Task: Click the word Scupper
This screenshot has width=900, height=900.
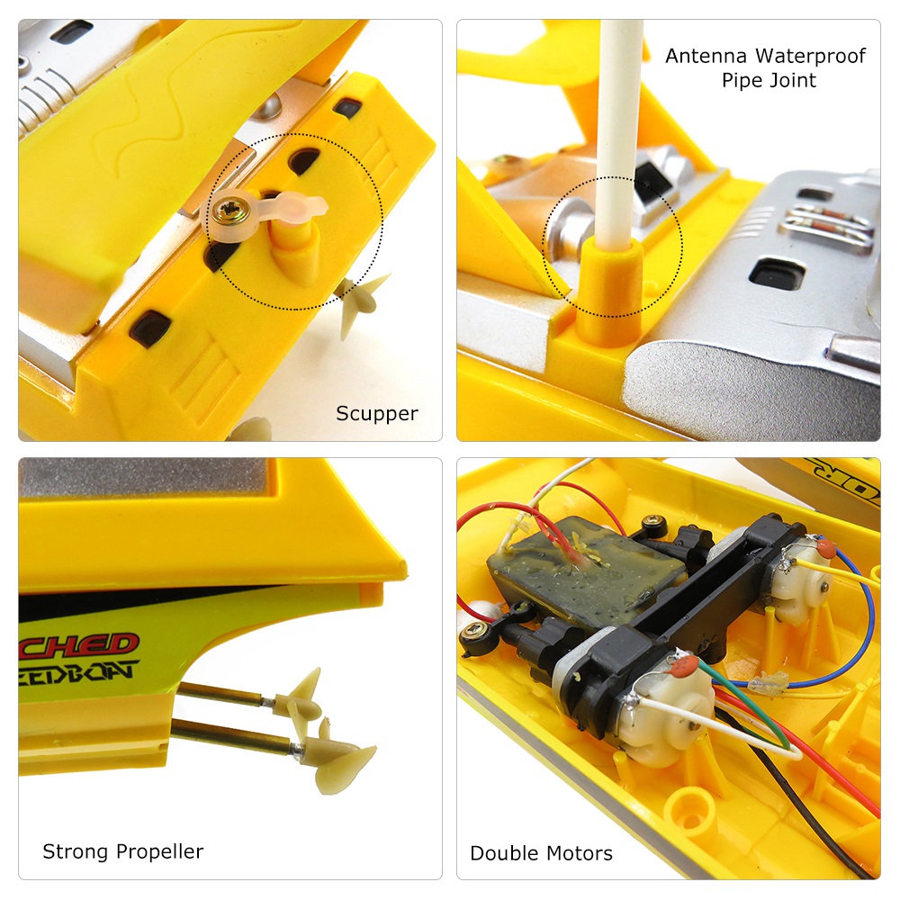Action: pos(377,414)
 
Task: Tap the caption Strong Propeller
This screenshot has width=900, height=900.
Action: pos(123,851)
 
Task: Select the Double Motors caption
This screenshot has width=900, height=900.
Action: pos(541,853)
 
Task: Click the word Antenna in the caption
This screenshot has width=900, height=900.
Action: pos(706,56)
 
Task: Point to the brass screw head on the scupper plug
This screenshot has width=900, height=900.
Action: pos(226,212)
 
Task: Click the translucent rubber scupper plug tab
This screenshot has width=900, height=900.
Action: pos(292,210)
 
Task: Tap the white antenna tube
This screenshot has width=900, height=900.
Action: pos(622,117)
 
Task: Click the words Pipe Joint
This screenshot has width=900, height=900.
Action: pos(769,80)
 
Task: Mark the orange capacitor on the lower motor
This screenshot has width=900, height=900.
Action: pos(686,667)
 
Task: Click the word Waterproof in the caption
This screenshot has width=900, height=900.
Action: pos(808,56)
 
